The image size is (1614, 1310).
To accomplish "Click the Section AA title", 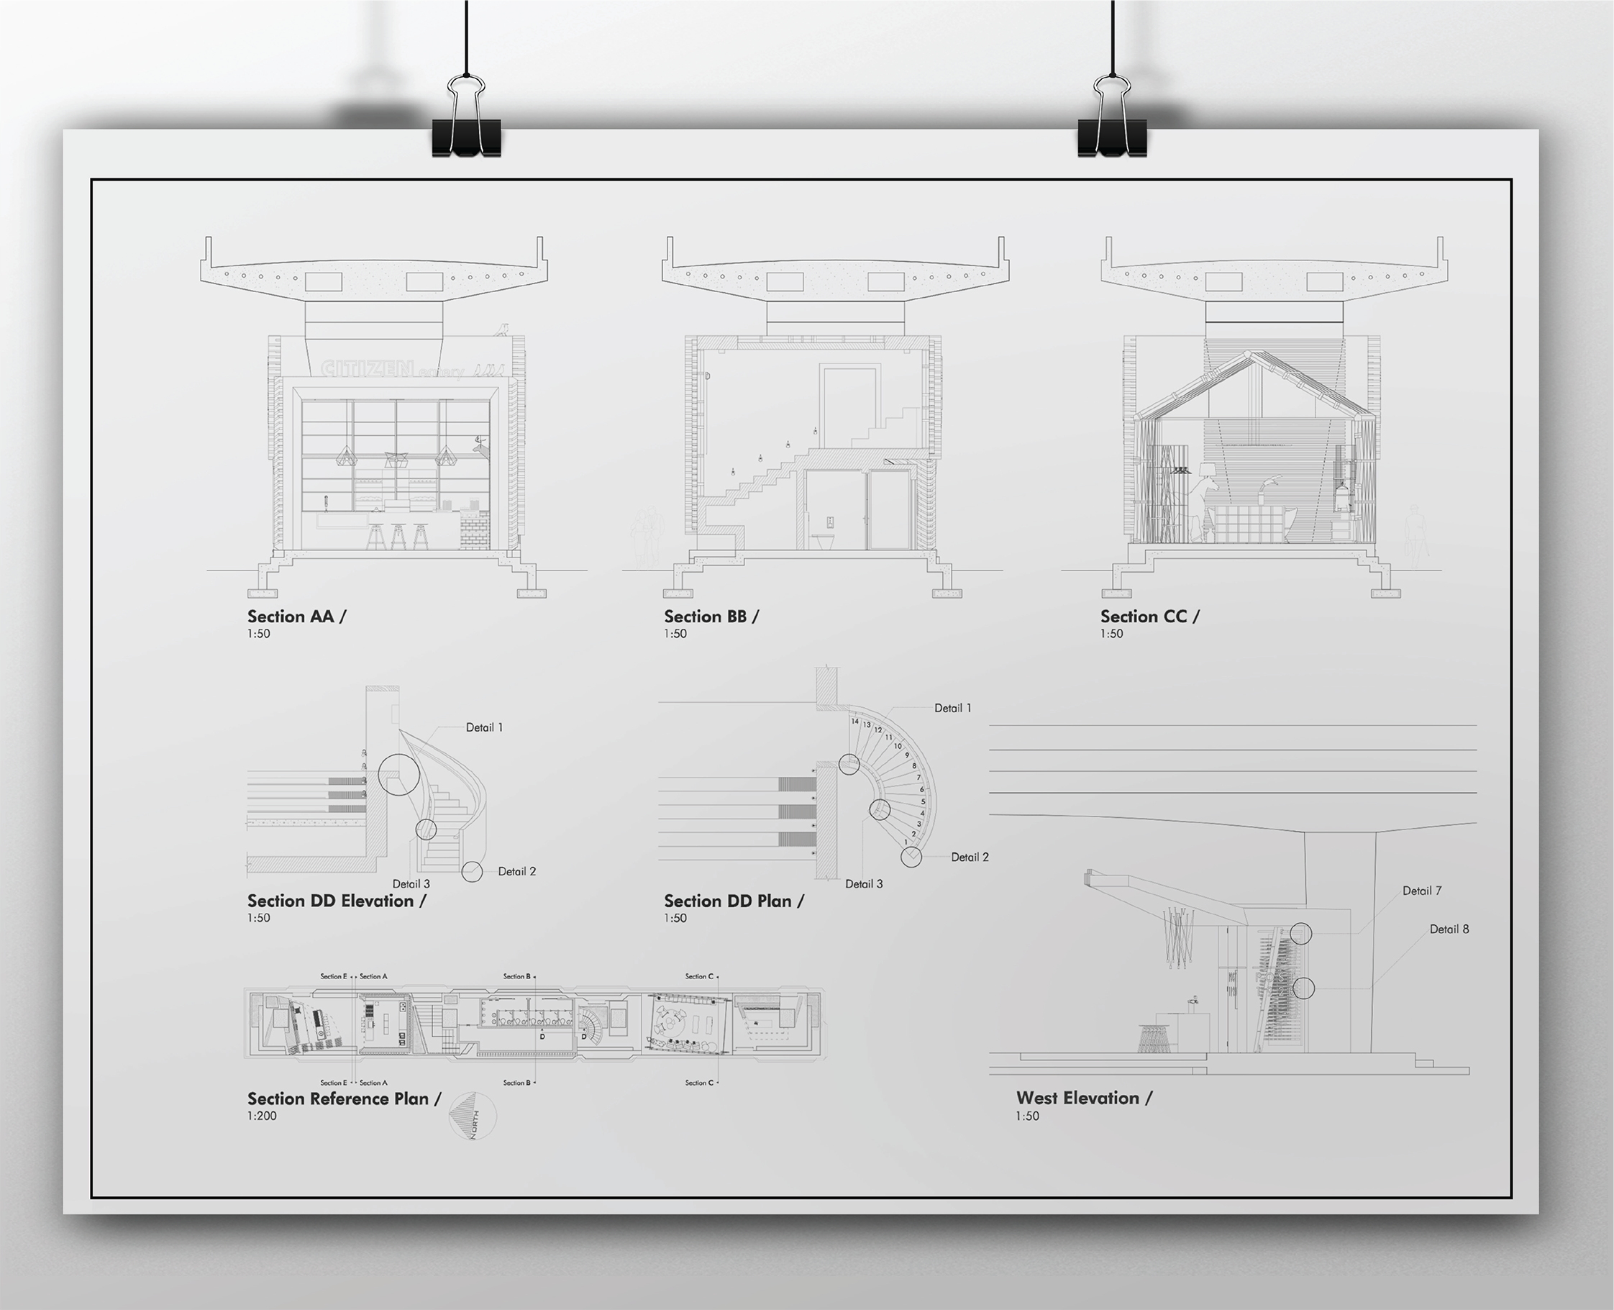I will pyautogui.click(x=296, y=617).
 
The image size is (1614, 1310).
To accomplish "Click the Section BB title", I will pyautogui.click(x=711, y=617).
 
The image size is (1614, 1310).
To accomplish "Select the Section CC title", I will pyautogui.click(x=1149, y=617).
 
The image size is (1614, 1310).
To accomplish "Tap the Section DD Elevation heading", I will pyautogui.click(x=337, y=901).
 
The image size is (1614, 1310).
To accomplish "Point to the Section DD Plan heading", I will pyautogui.click(x=734, y=901).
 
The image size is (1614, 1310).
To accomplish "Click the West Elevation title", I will pyautogui.click(x=1083, y=1098).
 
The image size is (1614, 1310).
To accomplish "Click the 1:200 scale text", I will pyautogui.click(x=262, y=1116).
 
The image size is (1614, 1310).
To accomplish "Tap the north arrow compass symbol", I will pyautogui.click(x=473, y=1115).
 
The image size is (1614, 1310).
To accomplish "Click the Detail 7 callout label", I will pyautogui.click(x=1421, y=891).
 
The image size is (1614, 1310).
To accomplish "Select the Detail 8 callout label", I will pyautogui.click(x=1449, y=929).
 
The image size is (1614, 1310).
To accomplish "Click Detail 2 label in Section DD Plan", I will pyautogui.click(x=970, y=858).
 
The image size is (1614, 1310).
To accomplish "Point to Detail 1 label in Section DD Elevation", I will pyautogui.click(x=483, y=727).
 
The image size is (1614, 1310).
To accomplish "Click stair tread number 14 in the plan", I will pyautogui.click(x=855, y=722).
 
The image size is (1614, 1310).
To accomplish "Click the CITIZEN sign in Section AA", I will pyautogui.click(x=368, y=369).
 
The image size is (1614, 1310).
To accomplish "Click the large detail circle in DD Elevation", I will pyautogui.click(x=398, y=774).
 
